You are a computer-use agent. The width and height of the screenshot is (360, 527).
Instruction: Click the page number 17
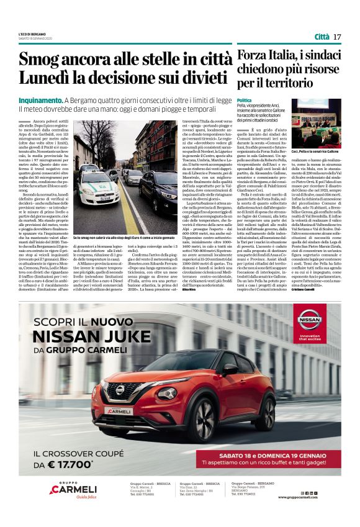pyautogui.click(x=337, y=37)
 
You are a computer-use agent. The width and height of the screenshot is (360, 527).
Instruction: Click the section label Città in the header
pyautogui.click(x=322, y=37)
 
